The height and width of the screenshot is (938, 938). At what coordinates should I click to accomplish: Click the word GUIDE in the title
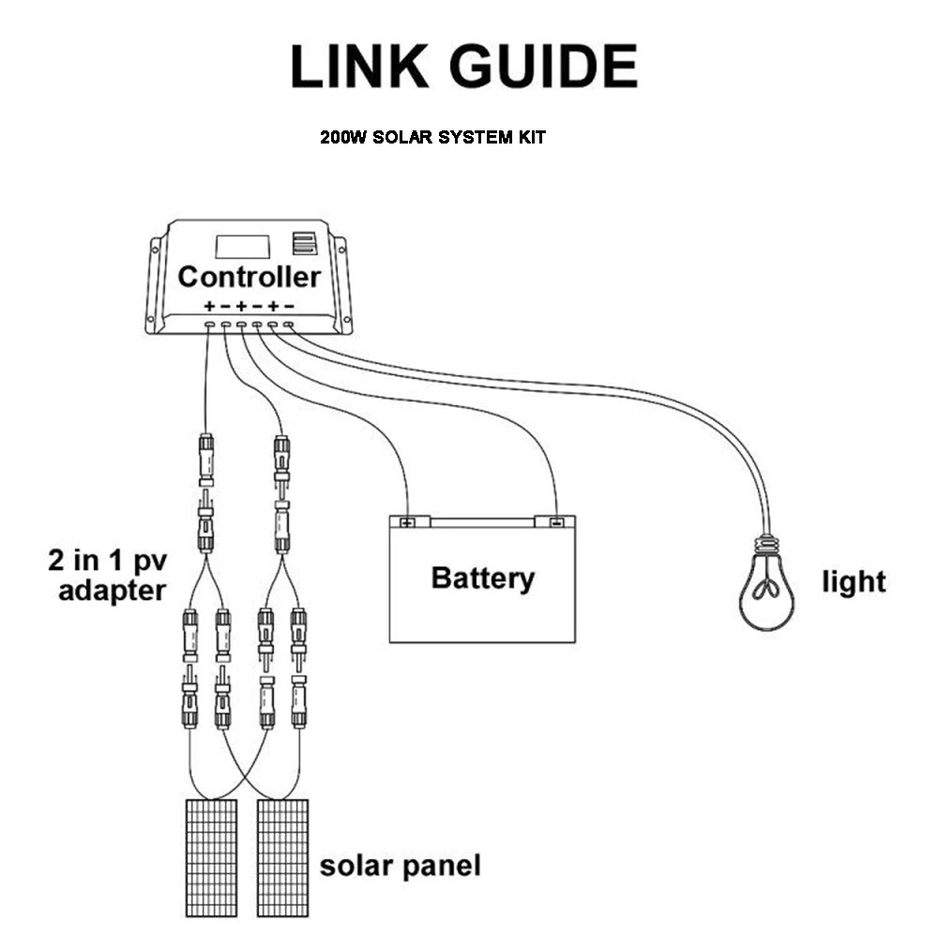click(545, 67)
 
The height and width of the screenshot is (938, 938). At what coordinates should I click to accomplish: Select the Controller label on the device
click(249, 277)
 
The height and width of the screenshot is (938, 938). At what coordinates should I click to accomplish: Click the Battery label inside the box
click(482, 578)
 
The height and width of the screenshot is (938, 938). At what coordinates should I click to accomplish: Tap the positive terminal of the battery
click(407, 522)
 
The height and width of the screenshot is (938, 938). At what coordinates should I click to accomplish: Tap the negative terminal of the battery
click(555, 522)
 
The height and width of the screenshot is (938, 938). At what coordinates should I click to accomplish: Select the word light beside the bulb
click(854, 582)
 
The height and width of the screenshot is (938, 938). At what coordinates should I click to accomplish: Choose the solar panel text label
click(400, 866)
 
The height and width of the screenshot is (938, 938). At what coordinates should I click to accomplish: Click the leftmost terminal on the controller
click(210, 325)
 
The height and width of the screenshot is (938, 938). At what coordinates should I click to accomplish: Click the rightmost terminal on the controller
click(288, 325)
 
